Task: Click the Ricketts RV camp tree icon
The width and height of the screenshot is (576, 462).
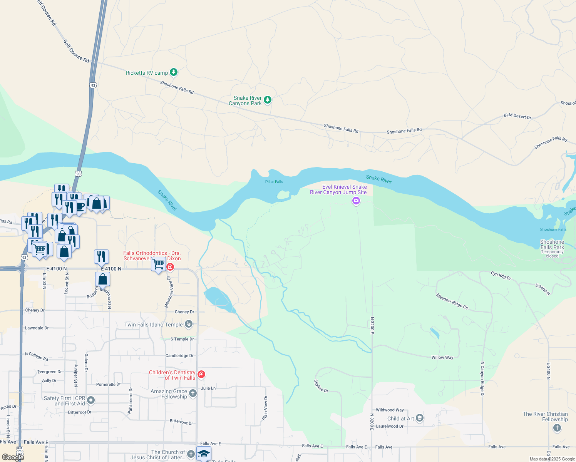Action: (174, 72)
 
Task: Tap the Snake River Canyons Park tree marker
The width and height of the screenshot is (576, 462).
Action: (268, 100)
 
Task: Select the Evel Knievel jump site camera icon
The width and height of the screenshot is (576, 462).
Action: (356, 201)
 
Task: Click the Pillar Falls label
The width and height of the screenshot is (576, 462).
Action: (274, 182)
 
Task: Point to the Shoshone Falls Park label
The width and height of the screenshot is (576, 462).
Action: (552, 245)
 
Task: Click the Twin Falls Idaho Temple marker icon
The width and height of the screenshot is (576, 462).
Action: (189, 324)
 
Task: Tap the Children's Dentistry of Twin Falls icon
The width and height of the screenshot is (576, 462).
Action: (201, 375)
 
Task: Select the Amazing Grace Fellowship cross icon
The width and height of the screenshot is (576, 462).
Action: (193, 393)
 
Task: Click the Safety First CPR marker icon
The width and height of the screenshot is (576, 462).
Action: (91, 400)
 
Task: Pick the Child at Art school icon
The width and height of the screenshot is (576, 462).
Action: (420, 418)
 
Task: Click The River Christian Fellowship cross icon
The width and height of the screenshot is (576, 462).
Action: (557, 428)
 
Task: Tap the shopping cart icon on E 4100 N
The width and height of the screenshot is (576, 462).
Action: (159, 264)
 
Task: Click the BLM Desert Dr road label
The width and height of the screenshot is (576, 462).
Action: (517, 116)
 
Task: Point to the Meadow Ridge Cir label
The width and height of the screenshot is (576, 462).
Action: (452, 301)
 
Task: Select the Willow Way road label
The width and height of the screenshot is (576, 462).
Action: (442, 357)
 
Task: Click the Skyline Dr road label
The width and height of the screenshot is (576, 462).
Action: (321, 386)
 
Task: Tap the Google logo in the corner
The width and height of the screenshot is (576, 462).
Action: (13, 457)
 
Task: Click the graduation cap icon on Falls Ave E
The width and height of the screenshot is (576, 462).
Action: (204, 453)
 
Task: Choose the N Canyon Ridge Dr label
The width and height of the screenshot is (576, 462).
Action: (482, 379)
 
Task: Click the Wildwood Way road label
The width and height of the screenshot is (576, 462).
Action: (390, 410)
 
